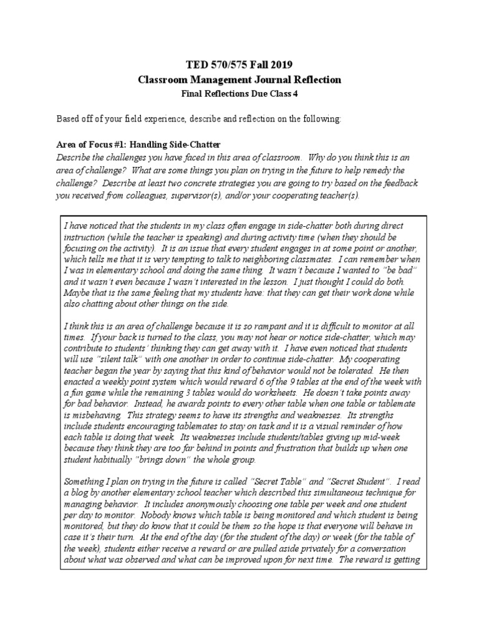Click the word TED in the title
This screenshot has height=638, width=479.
click(x=197, y=65)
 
